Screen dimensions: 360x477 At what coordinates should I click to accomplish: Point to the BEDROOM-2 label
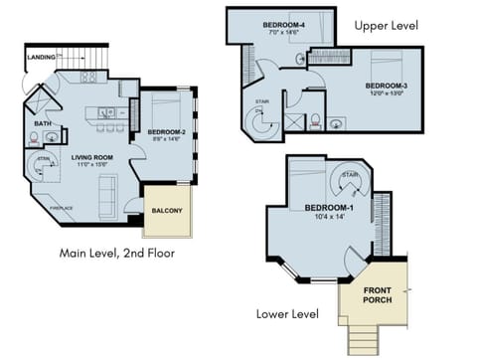point(165,131)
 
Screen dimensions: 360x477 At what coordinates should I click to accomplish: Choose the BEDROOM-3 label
point(373,86)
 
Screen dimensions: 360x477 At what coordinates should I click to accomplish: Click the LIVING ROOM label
point(90,156)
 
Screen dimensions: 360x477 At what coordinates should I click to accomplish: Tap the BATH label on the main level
point(43,124)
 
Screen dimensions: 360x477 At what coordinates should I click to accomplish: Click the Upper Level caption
point(386,25)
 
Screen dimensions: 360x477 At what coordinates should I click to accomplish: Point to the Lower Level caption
point(287,314)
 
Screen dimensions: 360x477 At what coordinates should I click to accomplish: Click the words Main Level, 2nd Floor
point(117,254)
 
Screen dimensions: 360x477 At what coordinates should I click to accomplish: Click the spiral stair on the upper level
point(264,125)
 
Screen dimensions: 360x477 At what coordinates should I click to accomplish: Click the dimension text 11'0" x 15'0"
point(90,165)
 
